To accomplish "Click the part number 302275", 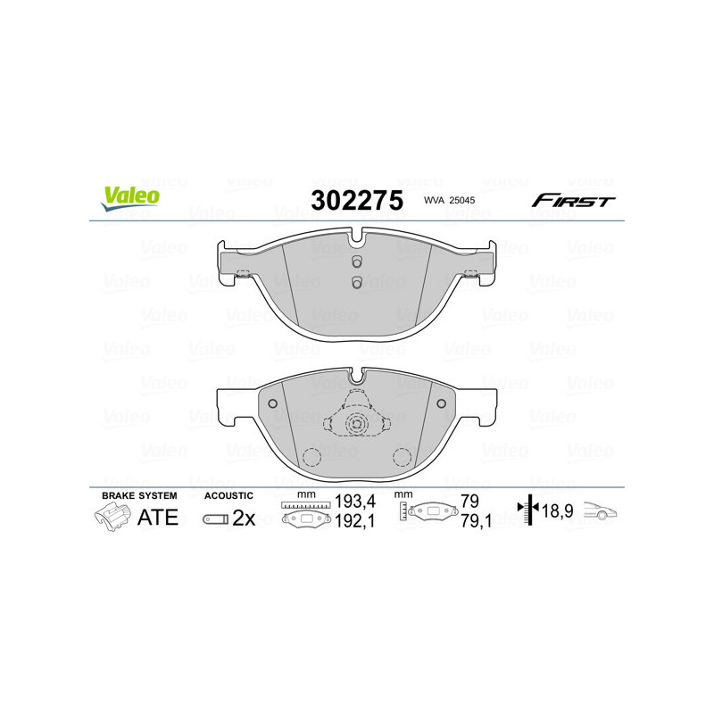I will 356,200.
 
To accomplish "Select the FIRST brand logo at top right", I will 573,201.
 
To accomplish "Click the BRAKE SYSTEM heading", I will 138,495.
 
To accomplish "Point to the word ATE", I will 157,518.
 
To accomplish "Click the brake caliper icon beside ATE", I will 111,518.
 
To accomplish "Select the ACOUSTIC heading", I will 228,495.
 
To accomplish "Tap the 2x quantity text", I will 244,519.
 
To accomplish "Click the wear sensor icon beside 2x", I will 214,519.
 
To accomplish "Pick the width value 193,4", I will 353,504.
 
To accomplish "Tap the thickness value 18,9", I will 557,512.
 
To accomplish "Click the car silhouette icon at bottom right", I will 601,511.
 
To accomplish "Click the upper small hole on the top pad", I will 355,262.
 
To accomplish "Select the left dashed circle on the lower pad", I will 311,457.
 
